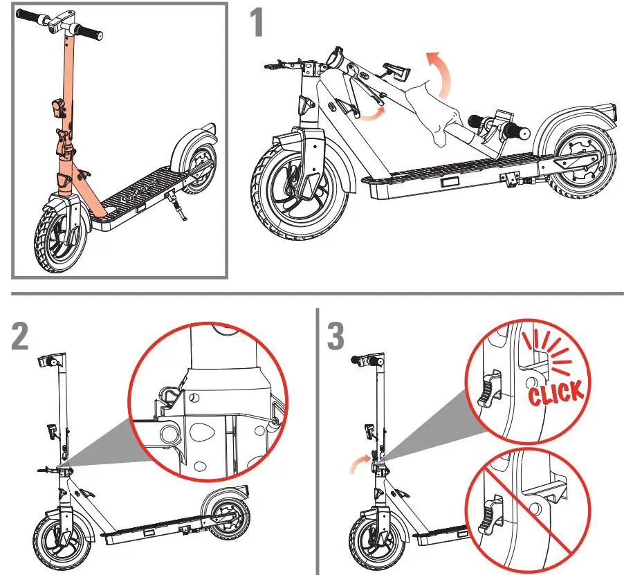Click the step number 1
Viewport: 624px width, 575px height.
point(257,22)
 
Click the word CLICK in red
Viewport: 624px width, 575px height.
point(556,394)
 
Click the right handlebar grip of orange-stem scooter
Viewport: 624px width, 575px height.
point(88,31)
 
